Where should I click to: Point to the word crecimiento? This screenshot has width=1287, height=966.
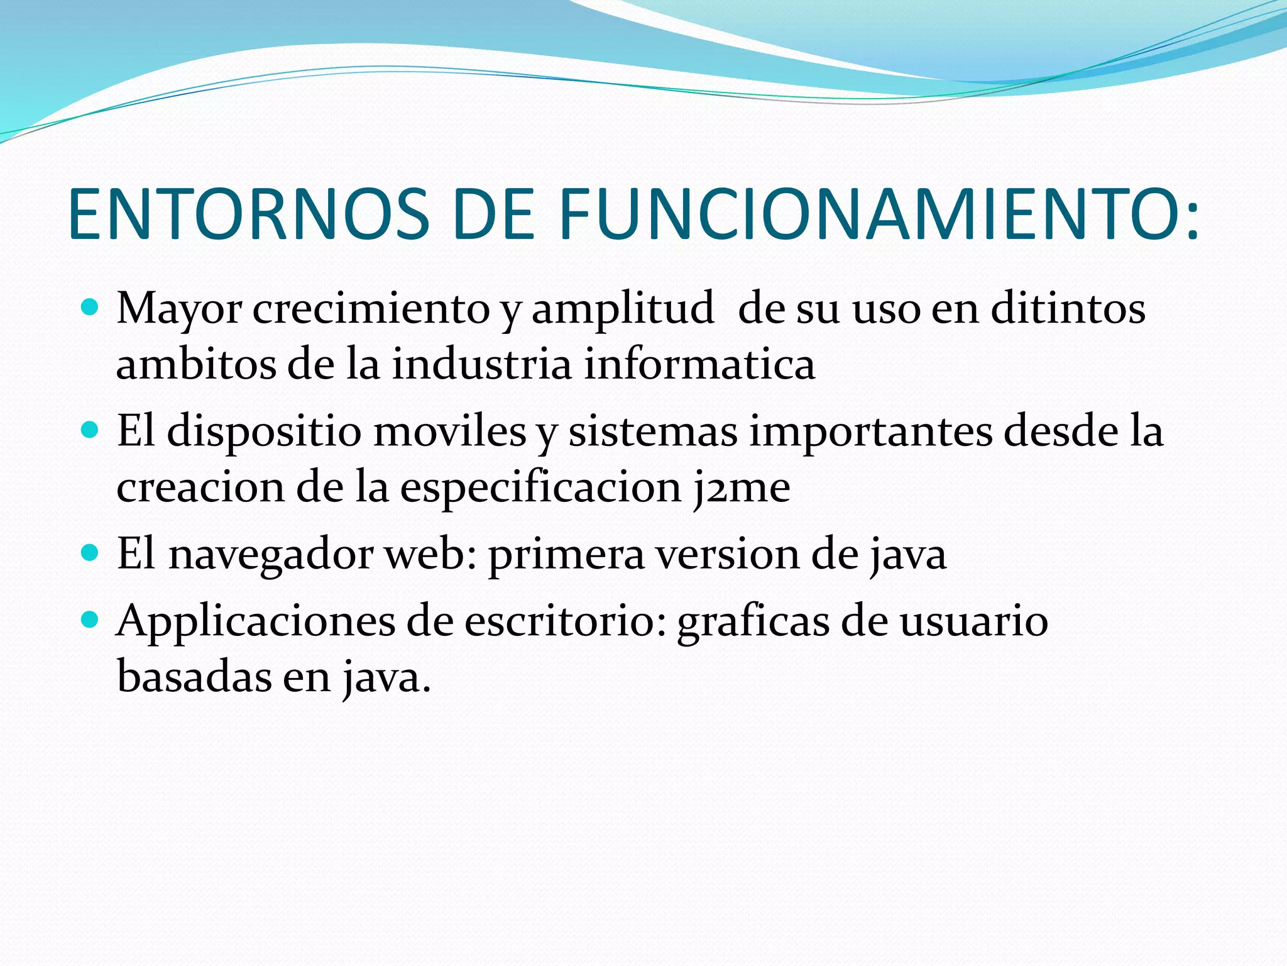371,308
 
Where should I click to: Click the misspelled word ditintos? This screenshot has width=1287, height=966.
1068,308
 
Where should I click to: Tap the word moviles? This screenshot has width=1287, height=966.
449,431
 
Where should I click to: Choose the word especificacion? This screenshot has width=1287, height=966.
540,488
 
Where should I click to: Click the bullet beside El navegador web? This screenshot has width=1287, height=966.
90,553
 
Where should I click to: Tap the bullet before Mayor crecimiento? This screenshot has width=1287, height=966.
90,308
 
